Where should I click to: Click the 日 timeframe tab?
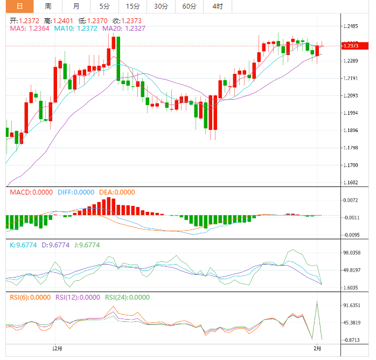(19, 6)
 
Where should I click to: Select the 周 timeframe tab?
(48, 6)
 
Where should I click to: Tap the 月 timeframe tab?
(76, 6)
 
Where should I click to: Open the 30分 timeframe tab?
(161, 6)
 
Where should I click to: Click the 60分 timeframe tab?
(189, 6)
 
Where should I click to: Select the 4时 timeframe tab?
(218, 6)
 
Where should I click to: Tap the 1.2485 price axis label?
(351, 26)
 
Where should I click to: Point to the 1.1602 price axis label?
(351, 183)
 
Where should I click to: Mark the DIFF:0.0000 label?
(76, 192)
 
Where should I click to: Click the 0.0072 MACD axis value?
(351, 200)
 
